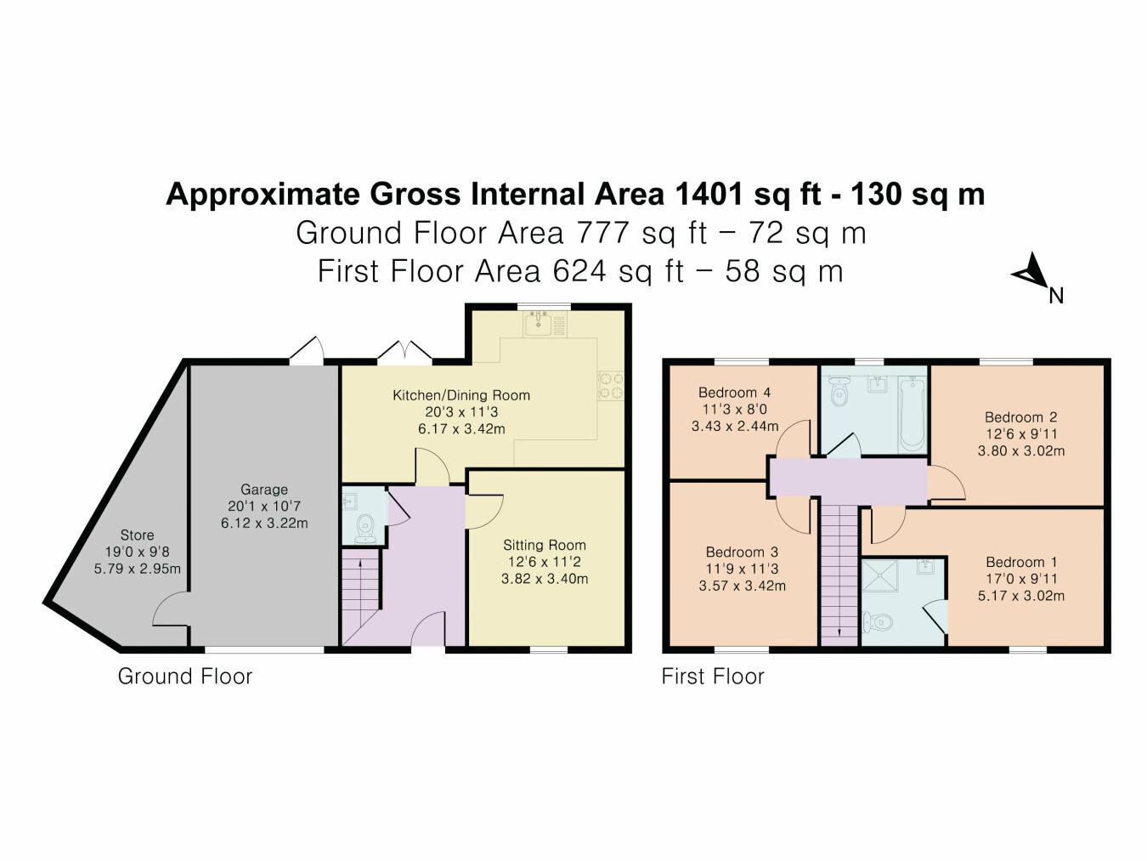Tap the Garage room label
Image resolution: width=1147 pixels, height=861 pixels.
(x=264, y=490)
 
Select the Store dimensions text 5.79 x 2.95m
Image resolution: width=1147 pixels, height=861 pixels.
(x=138, y=569)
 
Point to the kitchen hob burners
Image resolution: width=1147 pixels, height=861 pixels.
(x=611, y=385)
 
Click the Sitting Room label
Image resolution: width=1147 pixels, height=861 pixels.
(x=545, y=546)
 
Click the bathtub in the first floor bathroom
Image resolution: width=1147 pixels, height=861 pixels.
(x=912, y=415)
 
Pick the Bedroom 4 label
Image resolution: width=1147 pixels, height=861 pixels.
(x=734, y=392)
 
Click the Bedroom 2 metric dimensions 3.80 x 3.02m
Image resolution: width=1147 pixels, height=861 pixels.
(x=1021, y=450)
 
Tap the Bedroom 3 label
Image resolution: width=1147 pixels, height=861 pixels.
(x=742, y=552)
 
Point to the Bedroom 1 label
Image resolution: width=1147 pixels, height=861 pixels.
(x=1021, y=562)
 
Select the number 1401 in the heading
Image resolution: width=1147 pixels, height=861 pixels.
(x=709, y=194)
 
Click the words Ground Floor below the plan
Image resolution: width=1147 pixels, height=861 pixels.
(x=185, y=677)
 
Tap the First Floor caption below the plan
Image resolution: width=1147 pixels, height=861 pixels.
(x=713, y=677)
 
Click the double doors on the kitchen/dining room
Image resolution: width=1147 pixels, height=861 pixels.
(x=405, y=351)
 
